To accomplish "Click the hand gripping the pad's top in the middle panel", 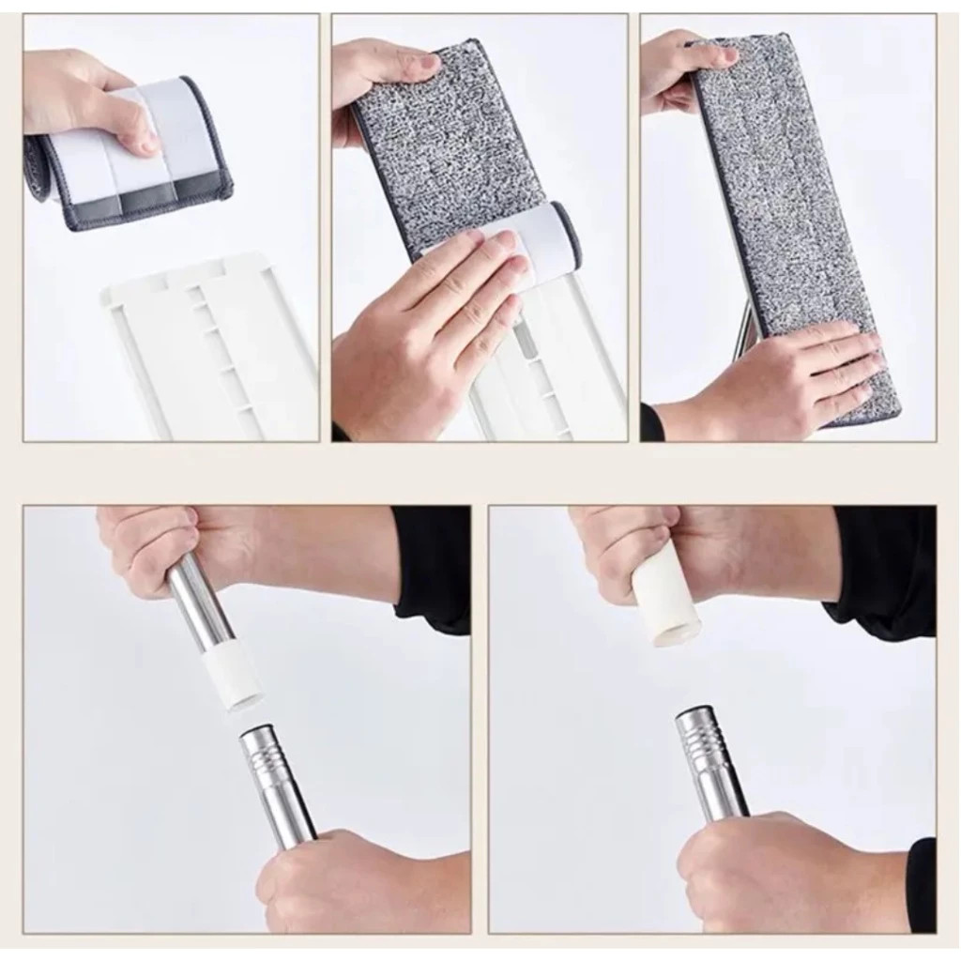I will (x=380, y=80).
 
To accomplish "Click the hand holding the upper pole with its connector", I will (x=160, y=544).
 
